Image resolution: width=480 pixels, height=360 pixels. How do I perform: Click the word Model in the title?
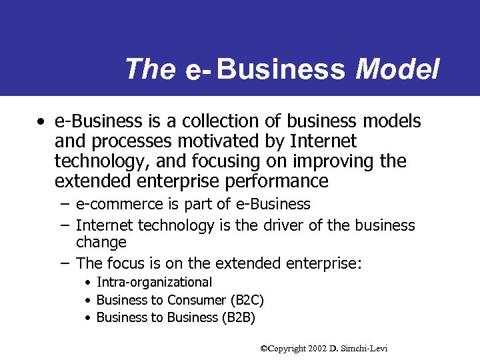point(398,69)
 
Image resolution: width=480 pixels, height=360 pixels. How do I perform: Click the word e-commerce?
point(115,204)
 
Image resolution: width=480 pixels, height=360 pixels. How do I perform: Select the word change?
point(101,242)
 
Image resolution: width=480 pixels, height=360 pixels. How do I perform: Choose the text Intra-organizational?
point(154,283)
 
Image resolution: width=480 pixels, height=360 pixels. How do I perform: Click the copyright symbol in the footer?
point(263,349)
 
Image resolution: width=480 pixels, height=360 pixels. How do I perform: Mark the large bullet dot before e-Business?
point(42,122)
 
